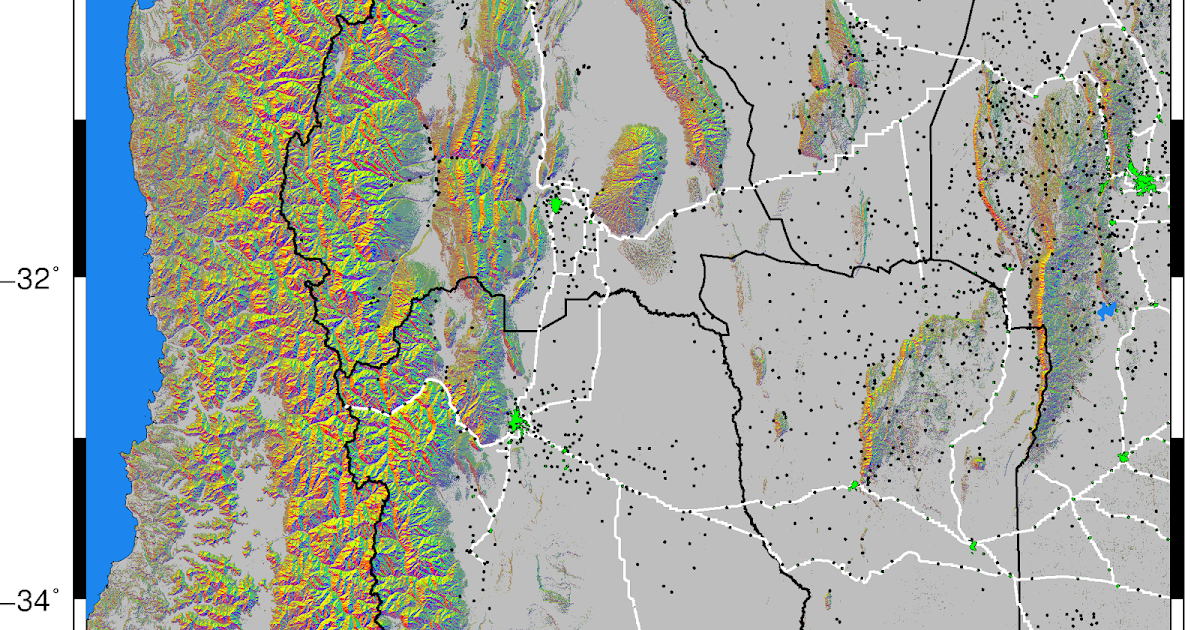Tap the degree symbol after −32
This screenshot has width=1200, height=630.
point(54,270)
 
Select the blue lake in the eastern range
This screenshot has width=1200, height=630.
point(1105,311)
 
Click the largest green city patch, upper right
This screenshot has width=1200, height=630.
point(1143,181)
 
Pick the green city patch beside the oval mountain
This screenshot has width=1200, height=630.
point(557,204)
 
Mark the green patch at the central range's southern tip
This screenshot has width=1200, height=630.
point(855,485)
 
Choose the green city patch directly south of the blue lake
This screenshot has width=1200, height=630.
point(1123,457)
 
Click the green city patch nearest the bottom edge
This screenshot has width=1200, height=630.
point(973,545)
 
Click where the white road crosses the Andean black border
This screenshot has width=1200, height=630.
point(351,409)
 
